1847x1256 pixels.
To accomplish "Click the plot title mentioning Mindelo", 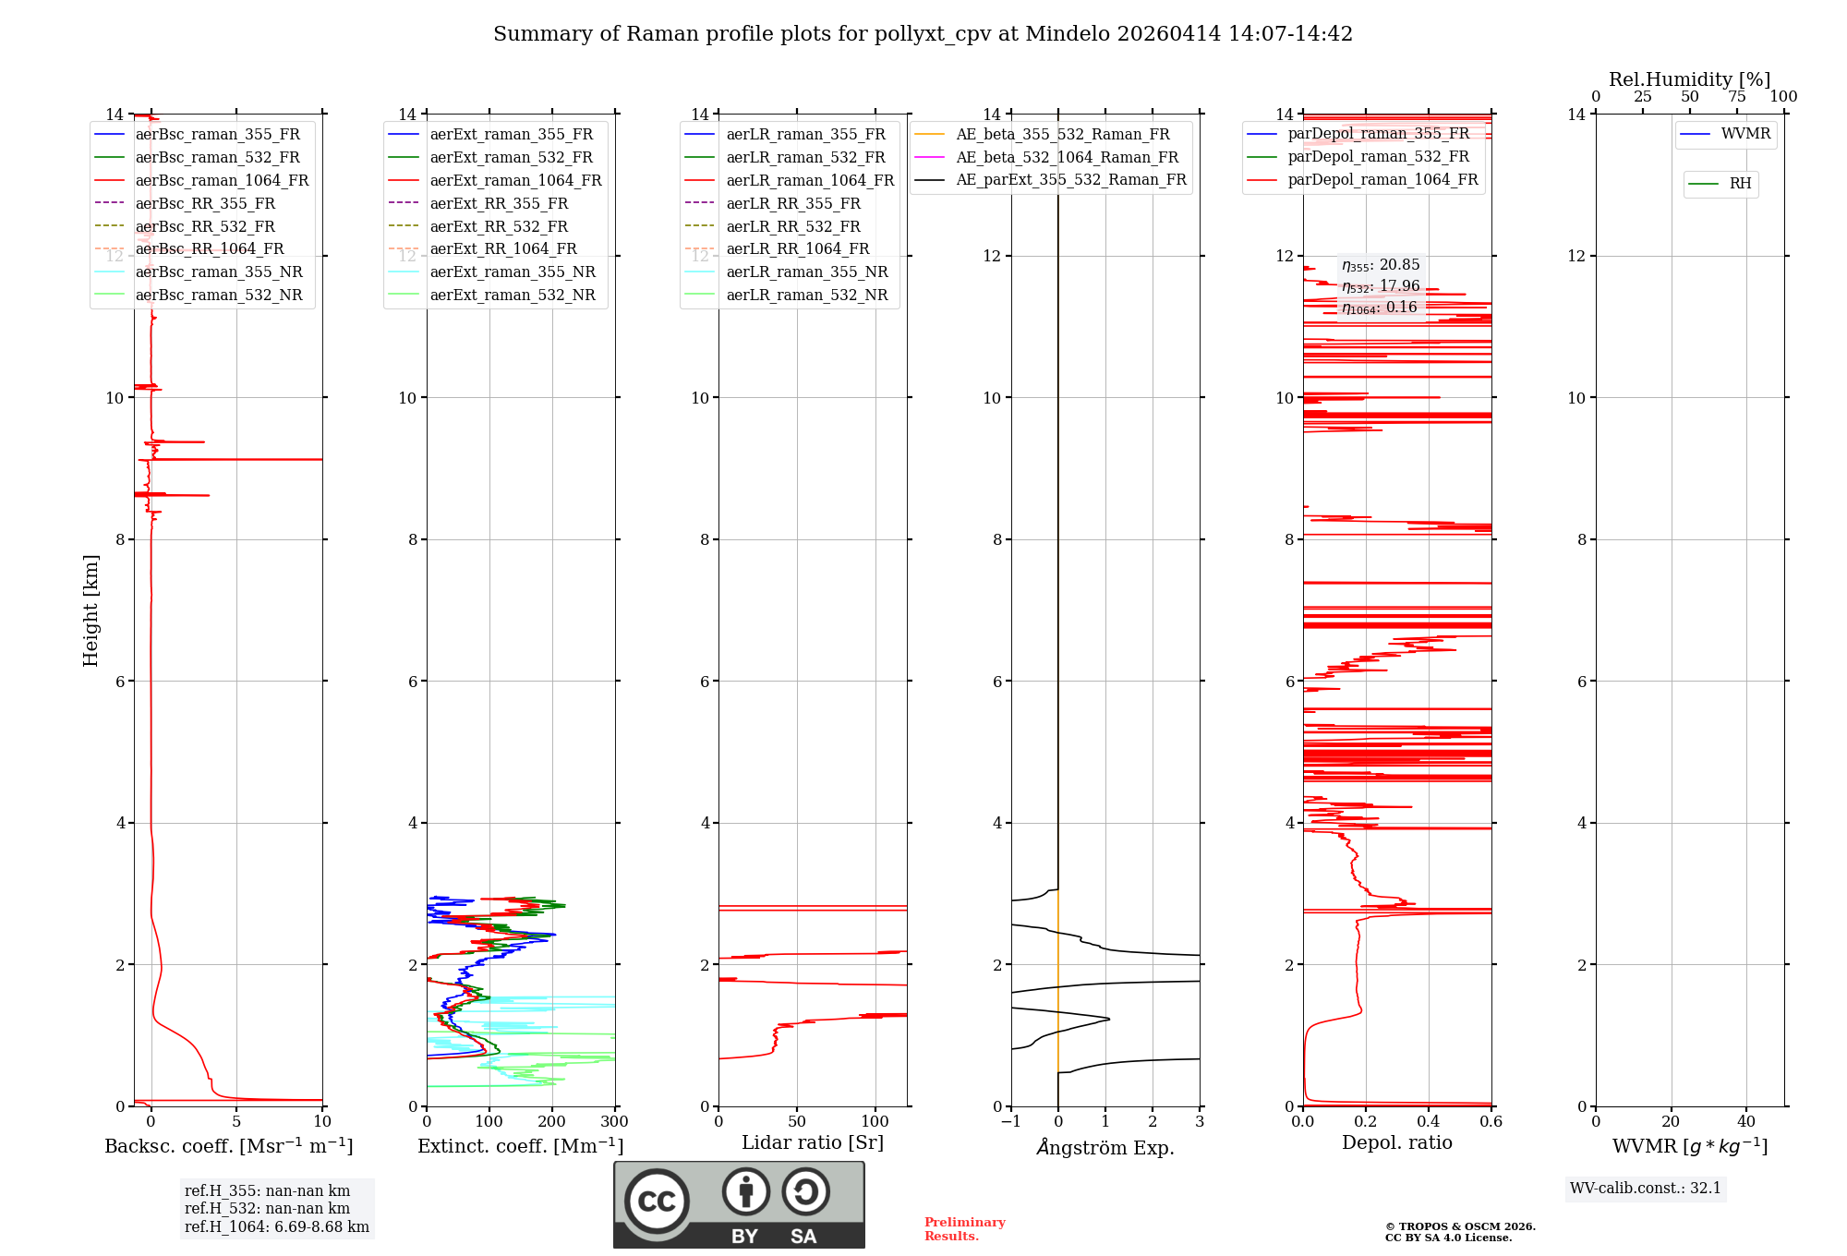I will pos(923,34).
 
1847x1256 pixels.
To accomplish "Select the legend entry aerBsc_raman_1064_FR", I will pos(222,180).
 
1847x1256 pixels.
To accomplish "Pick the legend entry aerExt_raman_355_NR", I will pos(513,272).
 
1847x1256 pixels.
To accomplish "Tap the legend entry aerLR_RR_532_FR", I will pos(792,226).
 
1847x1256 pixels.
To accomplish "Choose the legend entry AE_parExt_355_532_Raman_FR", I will pos(1070,179).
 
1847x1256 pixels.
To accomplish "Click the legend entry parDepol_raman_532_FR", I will pos(1378,156).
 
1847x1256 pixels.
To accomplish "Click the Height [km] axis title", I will pos(91,610).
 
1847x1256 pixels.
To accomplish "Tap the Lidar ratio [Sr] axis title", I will pos(813,1142).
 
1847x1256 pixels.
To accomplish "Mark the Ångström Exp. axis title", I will pos(1105,1147).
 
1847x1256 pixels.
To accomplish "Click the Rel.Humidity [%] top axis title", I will pos(1689,79).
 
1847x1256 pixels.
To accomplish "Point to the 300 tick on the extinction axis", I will pos(615,1122).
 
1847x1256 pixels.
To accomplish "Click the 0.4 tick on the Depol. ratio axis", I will pos(1429,1122).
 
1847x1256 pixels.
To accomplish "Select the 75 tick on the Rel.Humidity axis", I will pos(1737,97).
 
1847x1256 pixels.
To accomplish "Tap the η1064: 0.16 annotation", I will pos(1379,308).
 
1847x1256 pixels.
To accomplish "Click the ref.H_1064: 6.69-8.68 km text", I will pos(276,1226).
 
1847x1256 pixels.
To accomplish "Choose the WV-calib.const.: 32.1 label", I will pos(1646,1188).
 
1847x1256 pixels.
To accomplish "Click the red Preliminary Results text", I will pos(964,1228).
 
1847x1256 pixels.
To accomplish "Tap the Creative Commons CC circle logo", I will pos(657,1201).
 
